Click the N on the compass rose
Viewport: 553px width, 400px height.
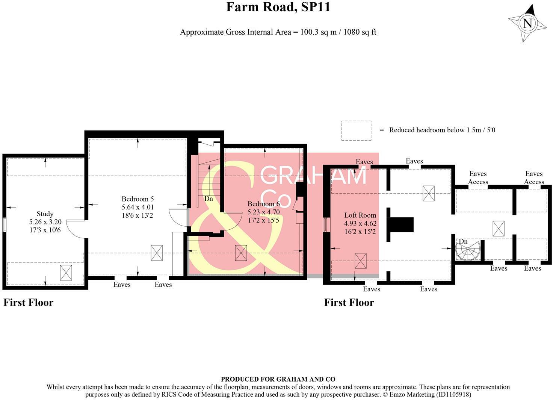(x=527, y=24)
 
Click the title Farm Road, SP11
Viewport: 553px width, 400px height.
(x=278, y=7)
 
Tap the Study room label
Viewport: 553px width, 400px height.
(x=45, y=214)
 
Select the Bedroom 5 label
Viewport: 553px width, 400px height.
(x=137, y=199)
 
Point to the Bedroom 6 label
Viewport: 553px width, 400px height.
(x=264, y=204)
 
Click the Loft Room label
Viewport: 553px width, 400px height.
(x=360, y=215)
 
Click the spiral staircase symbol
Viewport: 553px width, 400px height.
(x=468, y=250)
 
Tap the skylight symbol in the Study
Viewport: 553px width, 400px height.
(x=66, y=273)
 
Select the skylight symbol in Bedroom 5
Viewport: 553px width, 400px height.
(x=157, y=253)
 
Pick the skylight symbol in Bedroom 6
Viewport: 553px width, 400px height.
(x=241, y=253)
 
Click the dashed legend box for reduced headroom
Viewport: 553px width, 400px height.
(x=356, y=131)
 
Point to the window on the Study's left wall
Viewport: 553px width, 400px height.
(x=4, y=225)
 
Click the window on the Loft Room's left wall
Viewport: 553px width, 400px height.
(x=326, y=225)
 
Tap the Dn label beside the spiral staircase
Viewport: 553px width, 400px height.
(x=463, y=241)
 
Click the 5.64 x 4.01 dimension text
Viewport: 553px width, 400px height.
(x=137, y=207)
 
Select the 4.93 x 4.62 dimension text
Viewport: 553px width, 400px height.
(x=360, y=223)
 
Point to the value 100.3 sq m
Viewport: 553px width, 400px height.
(x=319, y=32)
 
